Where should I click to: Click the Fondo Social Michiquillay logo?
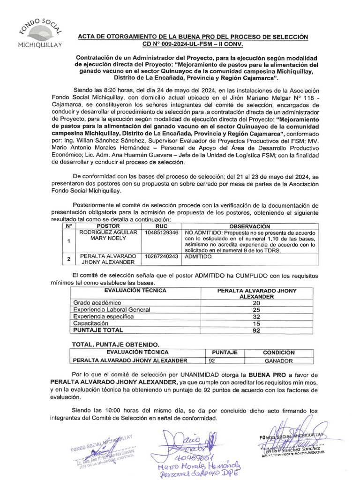[39, 33]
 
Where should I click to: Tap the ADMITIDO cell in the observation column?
[198, 256]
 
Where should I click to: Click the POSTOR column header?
[108, 226]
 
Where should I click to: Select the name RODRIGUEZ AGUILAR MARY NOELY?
[108, 235]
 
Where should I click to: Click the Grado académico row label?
[97, 303]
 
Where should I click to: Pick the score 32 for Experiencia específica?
[256, 316]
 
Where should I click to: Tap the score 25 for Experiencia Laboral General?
[256, 309]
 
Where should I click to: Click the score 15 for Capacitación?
[256, 323]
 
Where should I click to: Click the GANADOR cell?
[279, 360]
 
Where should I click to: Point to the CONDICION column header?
[279, 352]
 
